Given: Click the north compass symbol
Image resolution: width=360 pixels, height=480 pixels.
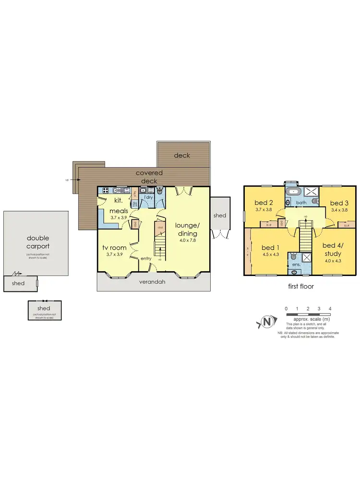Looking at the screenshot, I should pos(267,322).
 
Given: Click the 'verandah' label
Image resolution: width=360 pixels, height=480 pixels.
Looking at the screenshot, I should pos(152,282).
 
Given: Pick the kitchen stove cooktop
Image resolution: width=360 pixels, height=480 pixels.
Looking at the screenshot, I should pos(105,191).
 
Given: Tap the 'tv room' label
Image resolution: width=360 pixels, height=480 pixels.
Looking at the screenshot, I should pos(114,248).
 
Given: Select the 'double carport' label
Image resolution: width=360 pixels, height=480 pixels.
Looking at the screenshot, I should pos(38,242).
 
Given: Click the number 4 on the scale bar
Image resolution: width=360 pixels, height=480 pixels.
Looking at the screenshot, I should pos(330,309).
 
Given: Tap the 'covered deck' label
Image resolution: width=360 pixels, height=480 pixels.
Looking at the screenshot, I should pos(149,177).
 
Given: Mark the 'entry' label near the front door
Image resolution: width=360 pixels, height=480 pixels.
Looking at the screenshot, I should pos(145,259).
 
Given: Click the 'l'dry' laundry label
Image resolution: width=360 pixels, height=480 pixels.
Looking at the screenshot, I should pos(148,197).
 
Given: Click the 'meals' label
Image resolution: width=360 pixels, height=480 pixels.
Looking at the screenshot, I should pos(119,211).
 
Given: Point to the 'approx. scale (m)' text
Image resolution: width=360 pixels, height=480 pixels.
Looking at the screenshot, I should pos(308,319).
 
